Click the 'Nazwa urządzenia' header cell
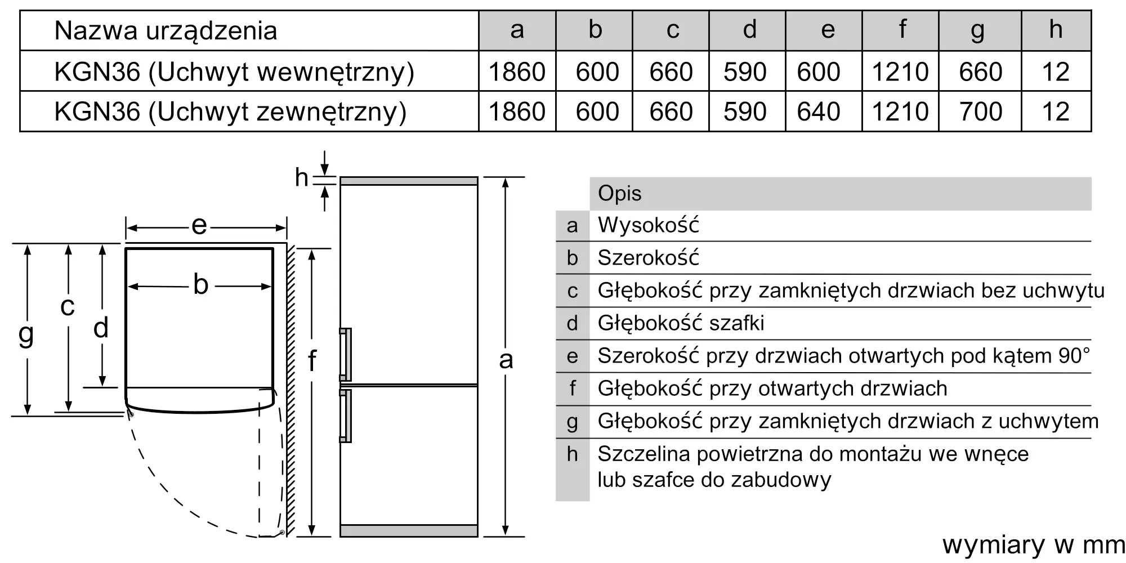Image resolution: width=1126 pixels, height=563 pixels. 166,31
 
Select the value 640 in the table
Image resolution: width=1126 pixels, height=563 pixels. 818,111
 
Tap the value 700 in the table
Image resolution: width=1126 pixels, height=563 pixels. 980,111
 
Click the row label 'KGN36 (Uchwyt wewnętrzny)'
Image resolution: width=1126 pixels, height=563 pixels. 234,72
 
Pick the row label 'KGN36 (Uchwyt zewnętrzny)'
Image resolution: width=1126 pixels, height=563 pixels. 230,111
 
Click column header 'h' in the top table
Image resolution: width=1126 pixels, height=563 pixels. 1056,30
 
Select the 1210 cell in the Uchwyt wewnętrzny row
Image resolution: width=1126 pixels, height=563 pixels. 900,72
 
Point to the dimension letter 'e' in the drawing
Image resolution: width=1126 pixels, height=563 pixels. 199,226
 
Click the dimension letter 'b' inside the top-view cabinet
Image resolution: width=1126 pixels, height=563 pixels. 200,285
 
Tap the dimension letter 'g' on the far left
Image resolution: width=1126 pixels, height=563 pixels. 26,334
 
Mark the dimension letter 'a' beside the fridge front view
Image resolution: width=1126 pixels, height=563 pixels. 506,360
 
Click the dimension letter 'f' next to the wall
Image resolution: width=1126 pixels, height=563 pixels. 312,360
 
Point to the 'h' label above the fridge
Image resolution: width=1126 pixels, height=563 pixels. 301,178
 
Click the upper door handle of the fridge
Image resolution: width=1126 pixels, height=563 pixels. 346,355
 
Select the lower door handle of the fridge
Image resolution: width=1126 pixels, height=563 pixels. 346,415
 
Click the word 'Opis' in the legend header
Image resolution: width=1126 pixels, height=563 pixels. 619,194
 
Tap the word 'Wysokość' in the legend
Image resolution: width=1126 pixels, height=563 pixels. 648,225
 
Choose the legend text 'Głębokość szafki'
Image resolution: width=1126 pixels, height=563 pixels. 681,323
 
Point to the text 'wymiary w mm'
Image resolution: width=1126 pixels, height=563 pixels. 1033,545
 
